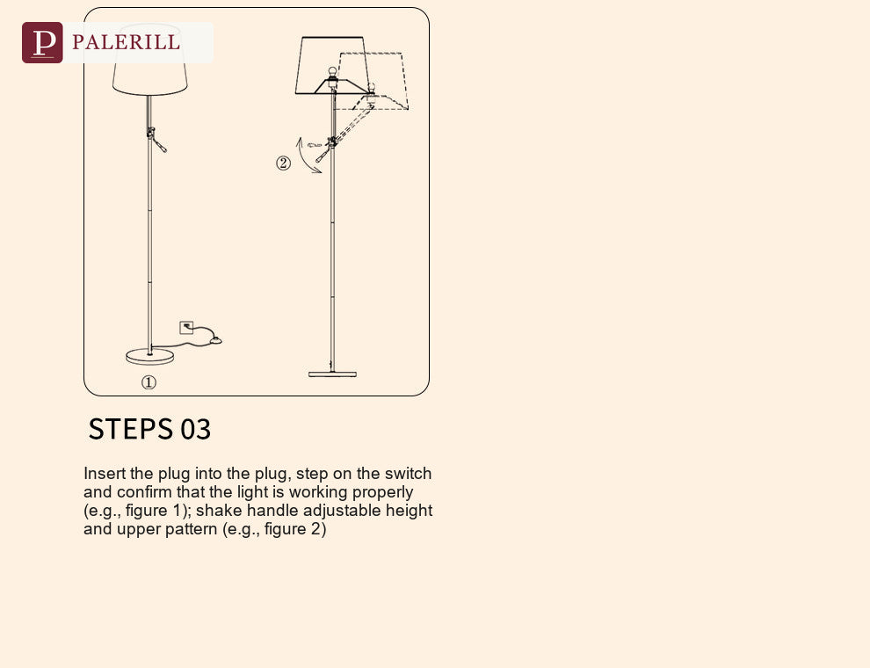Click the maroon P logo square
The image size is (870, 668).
42,43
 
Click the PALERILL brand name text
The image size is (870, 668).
126,42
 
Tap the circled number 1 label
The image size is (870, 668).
149,382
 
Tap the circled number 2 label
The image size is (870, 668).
283,163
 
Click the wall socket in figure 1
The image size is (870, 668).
186,327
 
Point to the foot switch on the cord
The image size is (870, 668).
214,340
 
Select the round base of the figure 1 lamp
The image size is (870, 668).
149,356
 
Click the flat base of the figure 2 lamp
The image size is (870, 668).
332,374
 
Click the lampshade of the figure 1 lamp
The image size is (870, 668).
149,60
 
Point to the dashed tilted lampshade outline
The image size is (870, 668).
373,81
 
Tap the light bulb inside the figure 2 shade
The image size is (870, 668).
332,73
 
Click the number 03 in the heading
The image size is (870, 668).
196,430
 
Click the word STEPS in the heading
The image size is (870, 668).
130,429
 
